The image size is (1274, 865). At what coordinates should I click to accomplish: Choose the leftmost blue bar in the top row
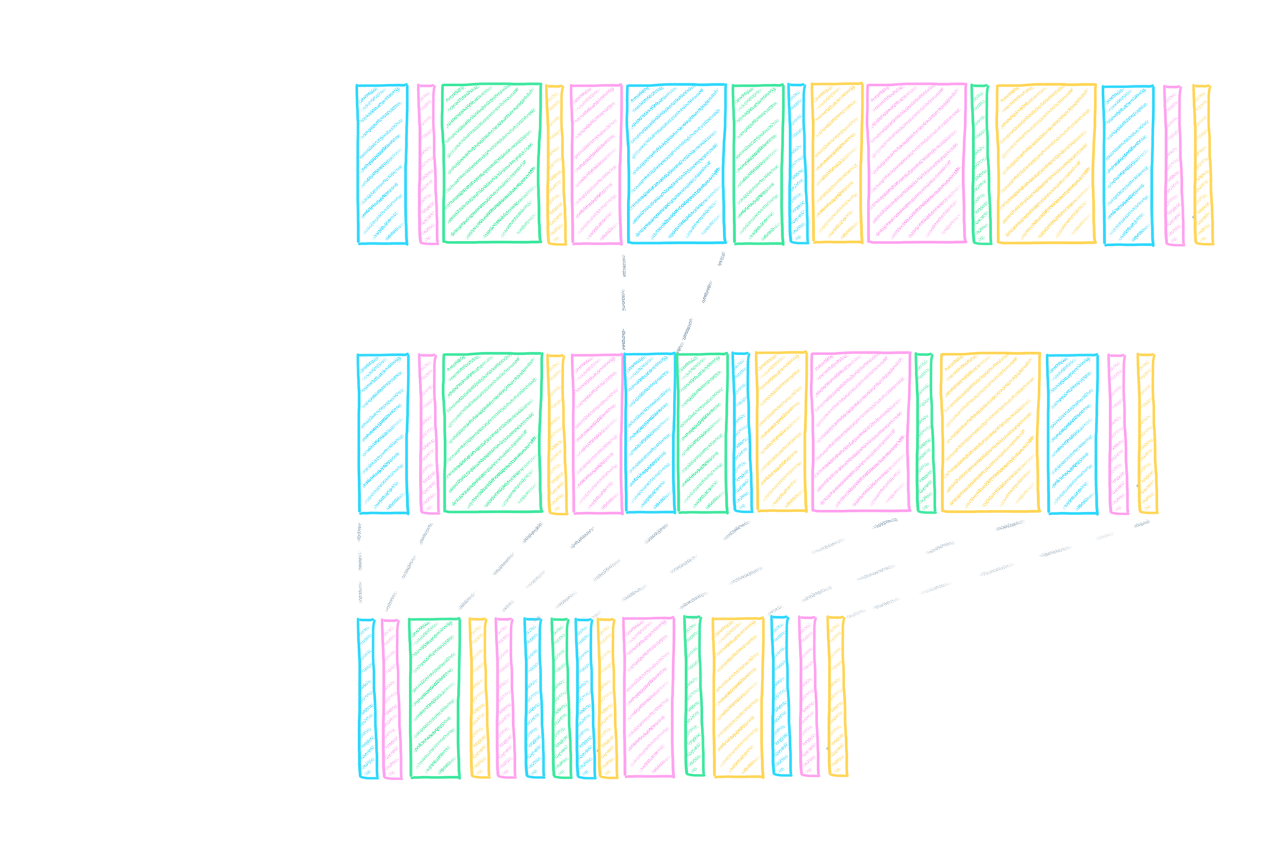(382, 164)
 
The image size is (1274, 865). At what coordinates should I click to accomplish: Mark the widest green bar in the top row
(491, 164)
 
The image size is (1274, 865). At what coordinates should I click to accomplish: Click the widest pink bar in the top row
(916, 164)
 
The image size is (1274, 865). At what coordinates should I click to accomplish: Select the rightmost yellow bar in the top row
(1203, 165)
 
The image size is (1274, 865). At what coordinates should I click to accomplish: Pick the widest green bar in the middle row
(493, 432)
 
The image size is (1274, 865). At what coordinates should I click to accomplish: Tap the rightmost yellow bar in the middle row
(1147, 433)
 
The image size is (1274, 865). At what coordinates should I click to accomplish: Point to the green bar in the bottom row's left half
(434, 698)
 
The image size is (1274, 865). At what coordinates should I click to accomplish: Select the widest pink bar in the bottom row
(648, 697)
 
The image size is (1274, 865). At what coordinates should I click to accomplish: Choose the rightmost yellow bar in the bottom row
(837, 696)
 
